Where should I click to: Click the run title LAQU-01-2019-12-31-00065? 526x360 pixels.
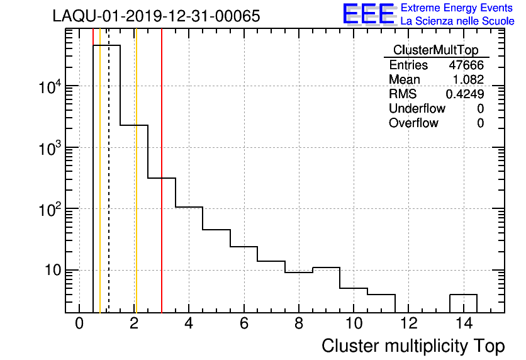[x=156, y=17]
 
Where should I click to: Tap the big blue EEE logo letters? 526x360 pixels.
[x=369, y=14]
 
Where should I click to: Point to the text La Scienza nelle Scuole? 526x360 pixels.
[x=457, y=21]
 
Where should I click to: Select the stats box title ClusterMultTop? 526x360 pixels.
[x=435, y=50]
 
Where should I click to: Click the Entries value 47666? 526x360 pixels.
[x=466, y=65]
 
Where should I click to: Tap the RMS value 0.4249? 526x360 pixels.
[x=465, y=94]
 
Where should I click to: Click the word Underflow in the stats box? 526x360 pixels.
[x=417, y=109]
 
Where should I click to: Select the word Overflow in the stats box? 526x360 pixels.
[x=413, y=123]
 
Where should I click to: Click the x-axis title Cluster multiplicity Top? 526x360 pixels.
[x=413, y=346]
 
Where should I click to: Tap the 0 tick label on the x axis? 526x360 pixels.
[x=79, y=325]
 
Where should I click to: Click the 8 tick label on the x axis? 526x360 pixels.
[x=299, y=325]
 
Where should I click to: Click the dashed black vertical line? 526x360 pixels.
[x=109, y=189]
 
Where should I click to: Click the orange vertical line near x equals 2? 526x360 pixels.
[x=135, y=189]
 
